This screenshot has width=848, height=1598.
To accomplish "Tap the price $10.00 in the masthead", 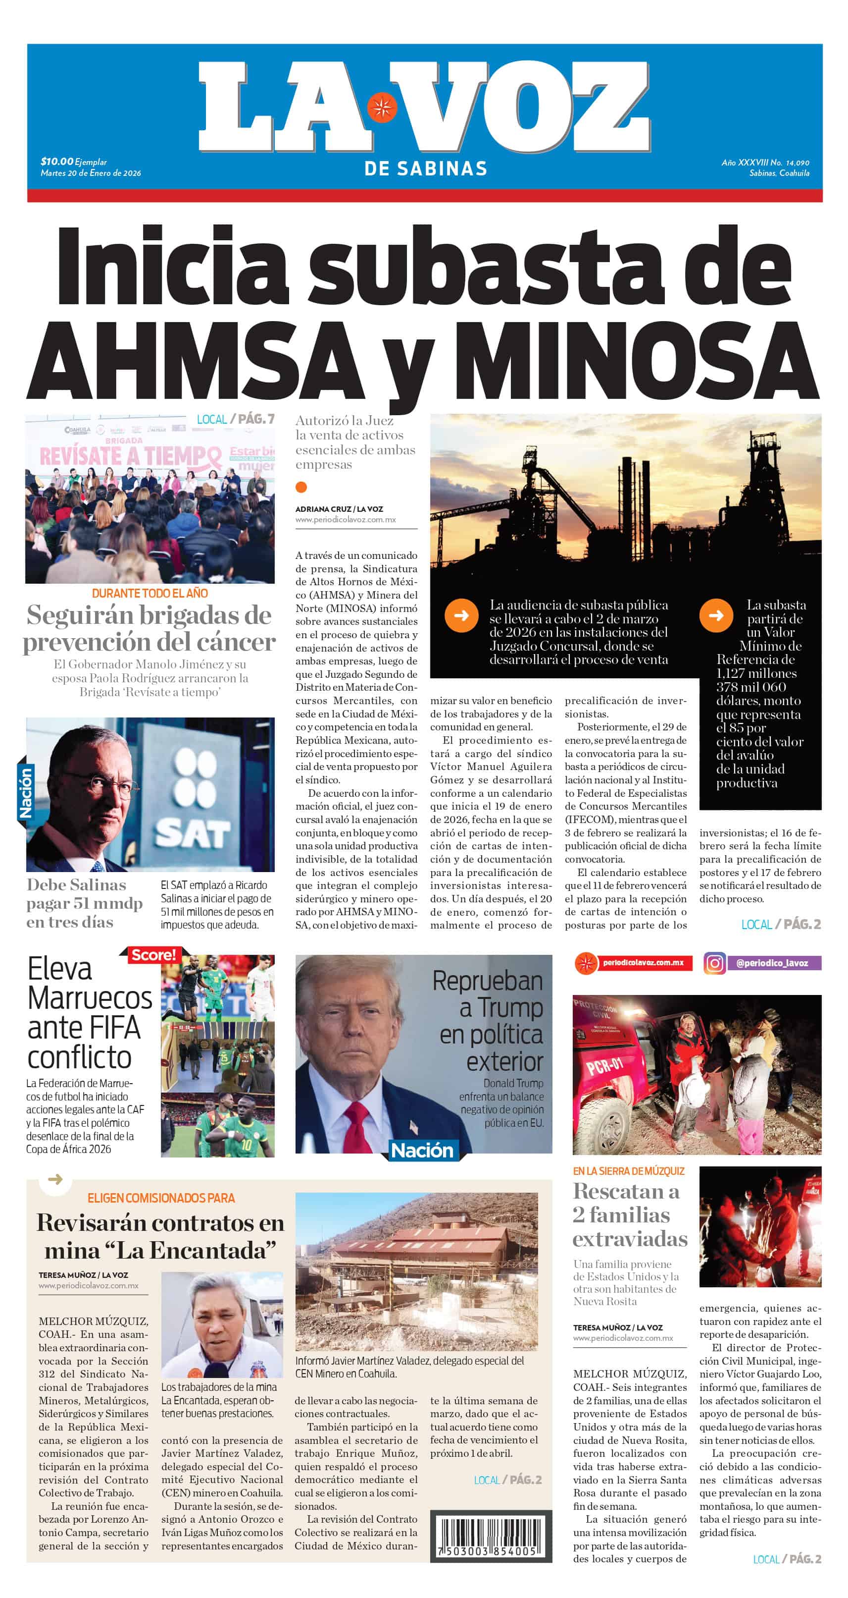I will click(56, 162).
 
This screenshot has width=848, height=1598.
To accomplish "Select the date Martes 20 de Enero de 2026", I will click(91, 173).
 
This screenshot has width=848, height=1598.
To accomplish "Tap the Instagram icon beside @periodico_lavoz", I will click(714, 963).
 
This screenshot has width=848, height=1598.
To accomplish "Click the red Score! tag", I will click(153, 955).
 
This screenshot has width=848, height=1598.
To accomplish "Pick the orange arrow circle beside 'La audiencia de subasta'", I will click(461, 615).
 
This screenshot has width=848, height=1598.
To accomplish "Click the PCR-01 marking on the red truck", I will click(605, 1066).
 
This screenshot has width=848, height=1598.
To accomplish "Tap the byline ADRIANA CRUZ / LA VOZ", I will click(339, 509).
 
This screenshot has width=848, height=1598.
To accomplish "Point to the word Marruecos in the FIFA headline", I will click(90, 998).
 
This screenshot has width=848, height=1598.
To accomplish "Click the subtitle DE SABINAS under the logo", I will click(425, 168).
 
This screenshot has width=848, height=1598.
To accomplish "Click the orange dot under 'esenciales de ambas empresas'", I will click(301, 487).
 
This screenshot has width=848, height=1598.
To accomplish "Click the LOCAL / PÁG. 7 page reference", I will click(236, 419).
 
